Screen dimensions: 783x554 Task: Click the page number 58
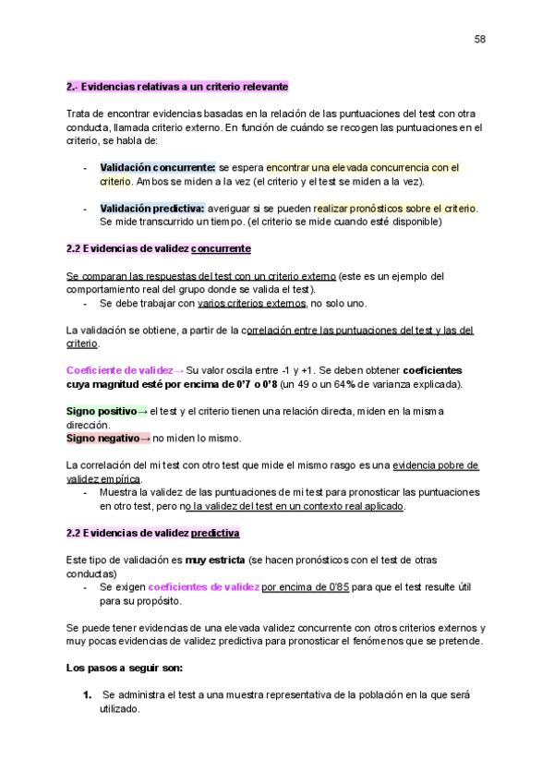tap(480, 39)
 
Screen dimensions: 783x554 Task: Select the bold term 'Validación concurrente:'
tap(158, 168)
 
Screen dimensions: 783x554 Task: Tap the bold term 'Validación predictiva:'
tap(152, 209)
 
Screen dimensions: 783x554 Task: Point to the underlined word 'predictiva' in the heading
tap(215, 534)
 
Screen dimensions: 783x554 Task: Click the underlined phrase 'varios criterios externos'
tap(252, 303)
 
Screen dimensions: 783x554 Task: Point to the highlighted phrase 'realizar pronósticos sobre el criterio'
tap(395, 209)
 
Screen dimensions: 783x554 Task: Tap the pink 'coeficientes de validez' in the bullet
tap(203, 587)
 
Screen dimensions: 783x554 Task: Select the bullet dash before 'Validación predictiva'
tap(85, 209)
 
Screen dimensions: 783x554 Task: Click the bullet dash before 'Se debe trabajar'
tap(85, 303)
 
